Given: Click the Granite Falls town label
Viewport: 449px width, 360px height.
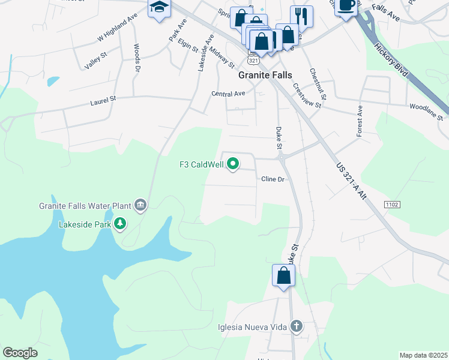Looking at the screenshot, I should pyautogui.click(x=265, y=76).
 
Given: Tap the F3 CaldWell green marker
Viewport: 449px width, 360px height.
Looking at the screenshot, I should pyautogui.click(x=234, y=164).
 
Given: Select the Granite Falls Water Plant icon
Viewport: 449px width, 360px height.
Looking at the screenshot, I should pyautogui.click(x=140, y=205).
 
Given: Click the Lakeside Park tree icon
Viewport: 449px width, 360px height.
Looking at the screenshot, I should pyautogui.click(x=121, y=224).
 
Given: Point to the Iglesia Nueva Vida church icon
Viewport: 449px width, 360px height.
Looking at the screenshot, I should pyautogui.click(x=295, y=327).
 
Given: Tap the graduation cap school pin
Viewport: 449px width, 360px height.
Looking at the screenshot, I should pyautogui.click(x=159, y=7).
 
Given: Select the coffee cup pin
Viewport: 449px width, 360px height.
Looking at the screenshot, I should pyautogui.click(x=346, y=5).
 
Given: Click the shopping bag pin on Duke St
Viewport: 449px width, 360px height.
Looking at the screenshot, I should pyautogui.click(x=284, y=276).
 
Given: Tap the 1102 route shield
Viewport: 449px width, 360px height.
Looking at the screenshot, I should pyautogui.click(x=393, y=205).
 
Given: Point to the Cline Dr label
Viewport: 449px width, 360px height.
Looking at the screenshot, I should pyautogui.click(x=273, y=179).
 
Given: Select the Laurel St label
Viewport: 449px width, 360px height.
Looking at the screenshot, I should pyautogui.click(x=103, y=103).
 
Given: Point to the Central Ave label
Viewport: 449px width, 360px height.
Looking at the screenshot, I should pyautogui.click(x=228, y=94).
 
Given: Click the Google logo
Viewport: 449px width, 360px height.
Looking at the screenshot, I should pyautogui.click(x=20, y=353).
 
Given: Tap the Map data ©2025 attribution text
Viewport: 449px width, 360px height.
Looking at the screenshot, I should pyautogui.click(x=423, y=355).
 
